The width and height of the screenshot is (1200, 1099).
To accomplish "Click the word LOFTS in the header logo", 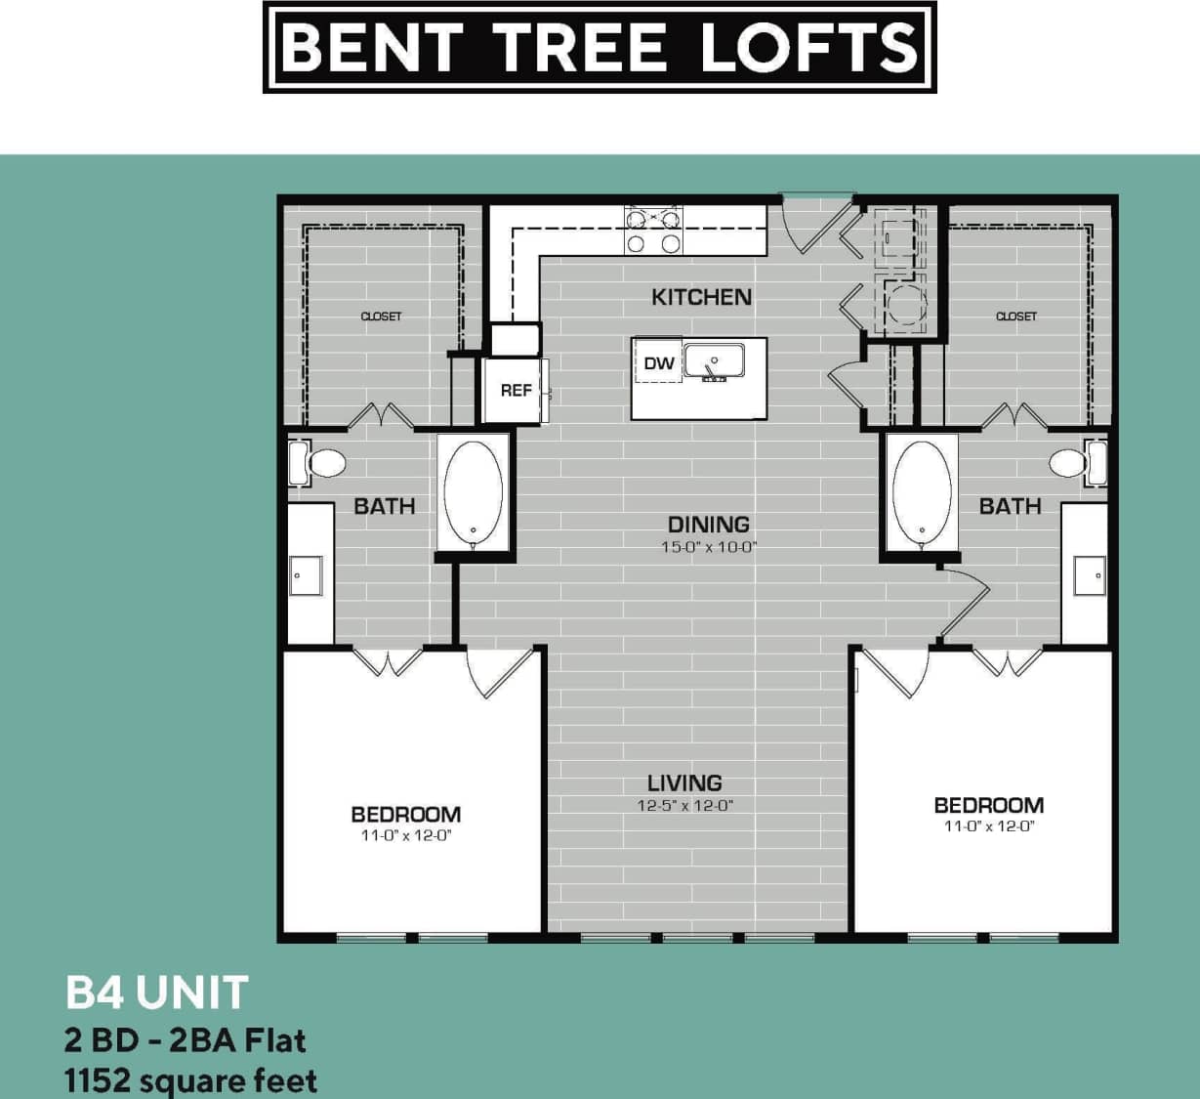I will tap(809, 47).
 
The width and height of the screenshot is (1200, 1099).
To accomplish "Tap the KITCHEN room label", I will tap(701, 297).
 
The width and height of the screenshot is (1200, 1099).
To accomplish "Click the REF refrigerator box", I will tap(516, 391).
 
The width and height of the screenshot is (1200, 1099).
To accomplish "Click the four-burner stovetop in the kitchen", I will tap(653, 232).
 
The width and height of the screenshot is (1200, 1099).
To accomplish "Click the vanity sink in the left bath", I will tap(307, 575).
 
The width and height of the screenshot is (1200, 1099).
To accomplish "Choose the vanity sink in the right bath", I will tap(1089, 575).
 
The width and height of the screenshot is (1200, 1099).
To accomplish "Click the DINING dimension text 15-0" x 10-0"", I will tap(709, 548).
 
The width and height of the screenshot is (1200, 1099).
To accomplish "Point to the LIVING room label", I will tap(684, 782).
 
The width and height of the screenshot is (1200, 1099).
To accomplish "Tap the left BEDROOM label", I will tap(405, 814).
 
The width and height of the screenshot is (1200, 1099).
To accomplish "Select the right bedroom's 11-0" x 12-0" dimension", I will tap(988, 826).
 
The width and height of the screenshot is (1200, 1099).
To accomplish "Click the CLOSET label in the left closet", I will tap(381, 317).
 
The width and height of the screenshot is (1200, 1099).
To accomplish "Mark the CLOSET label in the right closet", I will tap(1015, 317).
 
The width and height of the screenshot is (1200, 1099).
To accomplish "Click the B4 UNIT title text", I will tap(156, 993).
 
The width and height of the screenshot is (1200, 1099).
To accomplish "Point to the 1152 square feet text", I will tap(190, 1081).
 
